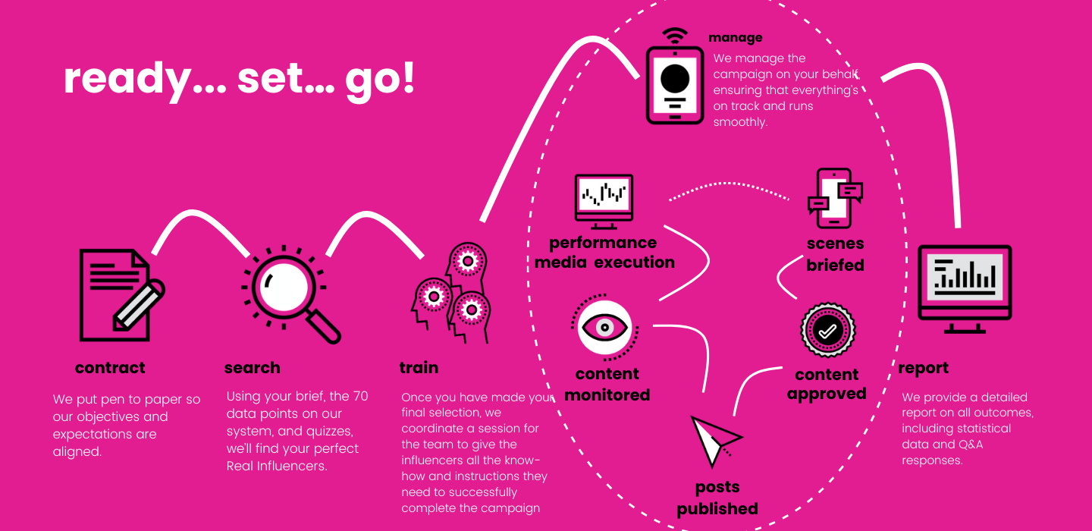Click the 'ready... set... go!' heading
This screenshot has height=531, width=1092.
(x=240, y=79)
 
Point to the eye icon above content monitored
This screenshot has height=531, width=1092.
(x=605, y=327)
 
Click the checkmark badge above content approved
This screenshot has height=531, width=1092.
(x=827, y=331)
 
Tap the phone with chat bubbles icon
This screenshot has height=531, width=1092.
(x=835, y=198)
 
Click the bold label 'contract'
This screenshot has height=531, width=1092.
(x=110, y=368)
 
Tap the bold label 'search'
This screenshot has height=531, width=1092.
(x=253, y=368)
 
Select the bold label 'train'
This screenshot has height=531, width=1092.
(x=419, y=368)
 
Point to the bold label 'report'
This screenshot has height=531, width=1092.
(x=923, y=368)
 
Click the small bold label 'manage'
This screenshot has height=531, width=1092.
(x=735, y=37)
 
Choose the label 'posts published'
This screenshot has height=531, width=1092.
(x=717, y=498)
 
